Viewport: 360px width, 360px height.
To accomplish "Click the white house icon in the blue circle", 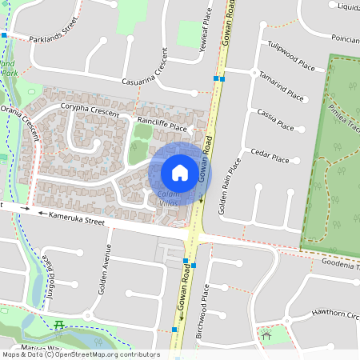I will point(179,172).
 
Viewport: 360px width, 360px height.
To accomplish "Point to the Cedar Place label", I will point(269,158).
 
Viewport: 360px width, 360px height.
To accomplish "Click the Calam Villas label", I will point(168,199).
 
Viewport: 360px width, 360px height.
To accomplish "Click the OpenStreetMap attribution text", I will point(80,354).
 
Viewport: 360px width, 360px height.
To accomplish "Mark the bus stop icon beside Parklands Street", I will point(4,35).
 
